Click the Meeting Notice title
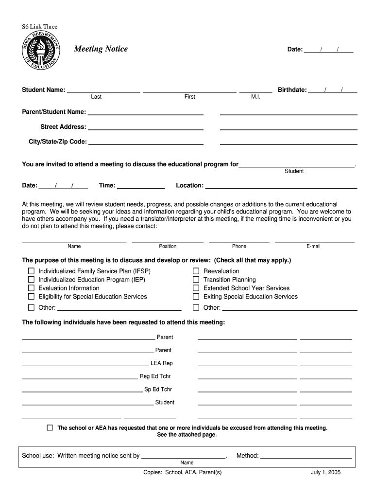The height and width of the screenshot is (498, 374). [101, 49]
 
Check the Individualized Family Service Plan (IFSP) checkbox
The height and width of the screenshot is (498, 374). [31, 271]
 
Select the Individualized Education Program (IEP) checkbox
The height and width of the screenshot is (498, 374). [31, 280]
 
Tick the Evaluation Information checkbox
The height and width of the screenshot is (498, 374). [31, 288]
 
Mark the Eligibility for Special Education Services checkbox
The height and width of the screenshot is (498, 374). [31, 296]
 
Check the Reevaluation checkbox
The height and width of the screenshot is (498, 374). [196, 271]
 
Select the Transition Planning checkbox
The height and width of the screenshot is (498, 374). [196, 280]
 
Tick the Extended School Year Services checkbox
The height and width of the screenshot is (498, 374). [196, 288]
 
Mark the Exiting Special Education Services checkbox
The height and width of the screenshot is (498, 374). [196, 296]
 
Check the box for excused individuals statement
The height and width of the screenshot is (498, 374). [50, 427]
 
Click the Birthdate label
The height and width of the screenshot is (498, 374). [292, 90]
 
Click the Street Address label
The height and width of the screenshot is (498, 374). [63, 127]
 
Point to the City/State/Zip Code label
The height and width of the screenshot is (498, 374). [58, 142]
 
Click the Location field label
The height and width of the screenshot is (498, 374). [189, 185]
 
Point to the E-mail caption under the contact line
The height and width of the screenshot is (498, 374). [313, 246]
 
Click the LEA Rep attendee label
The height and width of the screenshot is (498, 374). [161, 363]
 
